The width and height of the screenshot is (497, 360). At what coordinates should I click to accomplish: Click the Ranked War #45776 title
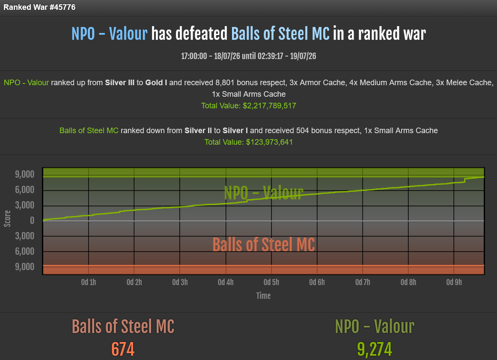39,7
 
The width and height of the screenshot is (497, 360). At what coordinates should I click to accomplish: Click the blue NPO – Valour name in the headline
109,33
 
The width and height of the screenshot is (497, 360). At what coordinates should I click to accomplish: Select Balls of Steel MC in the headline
280,33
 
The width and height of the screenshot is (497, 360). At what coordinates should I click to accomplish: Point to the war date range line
248,56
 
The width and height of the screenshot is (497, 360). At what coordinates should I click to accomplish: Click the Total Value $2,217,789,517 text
248,106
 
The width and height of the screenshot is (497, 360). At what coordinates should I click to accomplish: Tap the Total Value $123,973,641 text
248,142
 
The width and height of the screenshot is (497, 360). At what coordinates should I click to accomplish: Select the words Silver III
119,83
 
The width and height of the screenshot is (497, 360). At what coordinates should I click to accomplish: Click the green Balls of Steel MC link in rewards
89,131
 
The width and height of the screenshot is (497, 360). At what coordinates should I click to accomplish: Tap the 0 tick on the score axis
32,220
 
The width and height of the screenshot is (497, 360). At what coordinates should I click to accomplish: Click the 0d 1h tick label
89,283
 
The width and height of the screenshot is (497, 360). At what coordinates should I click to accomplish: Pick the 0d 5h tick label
271,283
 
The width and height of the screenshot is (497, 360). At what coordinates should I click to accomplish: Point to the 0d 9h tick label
454,283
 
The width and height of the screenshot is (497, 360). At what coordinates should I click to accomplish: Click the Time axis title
263,296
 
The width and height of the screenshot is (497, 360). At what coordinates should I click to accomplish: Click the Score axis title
7,219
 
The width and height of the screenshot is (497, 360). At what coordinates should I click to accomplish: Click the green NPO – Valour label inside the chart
263,193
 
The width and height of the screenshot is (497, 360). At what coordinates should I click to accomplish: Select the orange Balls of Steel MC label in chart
263,245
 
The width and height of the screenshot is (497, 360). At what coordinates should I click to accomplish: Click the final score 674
123,349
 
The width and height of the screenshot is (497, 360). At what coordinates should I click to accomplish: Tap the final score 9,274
375,349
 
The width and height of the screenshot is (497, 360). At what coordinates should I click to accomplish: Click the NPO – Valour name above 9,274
375,327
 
